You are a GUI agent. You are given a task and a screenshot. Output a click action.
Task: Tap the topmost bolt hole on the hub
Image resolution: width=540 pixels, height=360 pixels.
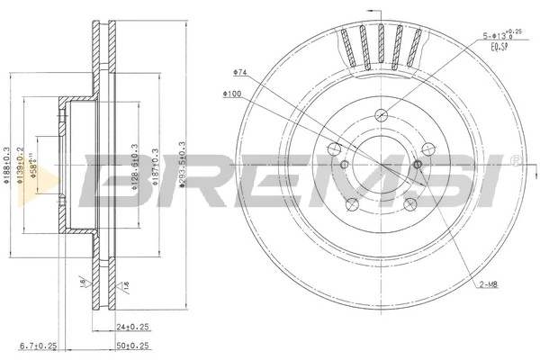click(x=382, y=113)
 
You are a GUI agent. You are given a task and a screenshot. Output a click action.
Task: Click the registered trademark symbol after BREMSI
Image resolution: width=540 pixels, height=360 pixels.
click(x=514, y=160)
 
